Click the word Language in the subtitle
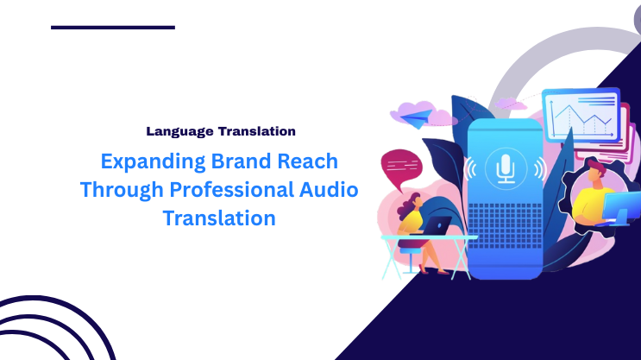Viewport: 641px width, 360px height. point(177,132)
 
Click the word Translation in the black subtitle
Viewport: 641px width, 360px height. point(254,132)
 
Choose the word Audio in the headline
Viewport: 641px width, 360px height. point(329,190)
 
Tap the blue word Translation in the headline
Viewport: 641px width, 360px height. point(219,218)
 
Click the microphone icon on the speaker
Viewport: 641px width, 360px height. point(506,167)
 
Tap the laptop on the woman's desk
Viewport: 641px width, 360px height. point(437,226)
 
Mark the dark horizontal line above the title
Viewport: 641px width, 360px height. point(113,28)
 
